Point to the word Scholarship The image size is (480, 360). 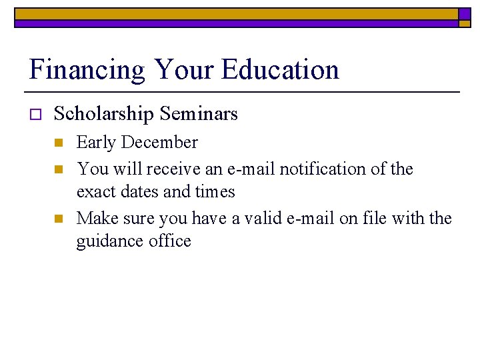click(103, 115)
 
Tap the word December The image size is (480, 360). click(163, 143)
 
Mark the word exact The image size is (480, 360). click(95, 192)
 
